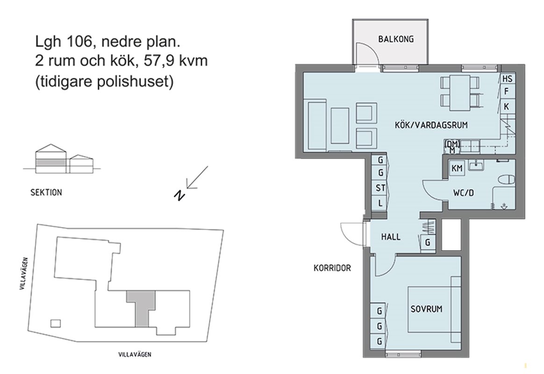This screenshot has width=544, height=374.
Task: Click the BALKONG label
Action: [396, 39]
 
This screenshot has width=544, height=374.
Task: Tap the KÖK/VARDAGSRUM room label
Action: [431, 125]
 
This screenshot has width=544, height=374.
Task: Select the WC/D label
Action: [463, 193]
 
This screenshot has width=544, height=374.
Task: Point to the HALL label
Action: [391, 237]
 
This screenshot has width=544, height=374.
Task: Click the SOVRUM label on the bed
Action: [426, 309]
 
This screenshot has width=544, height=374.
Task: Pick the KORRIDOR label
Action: [332, 268]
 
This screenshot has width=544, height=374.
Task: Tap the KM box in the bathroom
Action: [457, 169]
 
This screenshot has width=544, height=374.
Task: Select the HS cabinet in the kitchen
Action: [507, 79]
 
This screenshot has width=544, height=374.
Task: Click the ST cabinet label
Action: [380, 187]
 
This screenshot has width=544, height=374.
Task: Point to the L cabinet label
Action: [380, 203]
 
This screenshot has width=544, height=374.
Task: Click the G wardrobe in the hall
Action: [428, 242]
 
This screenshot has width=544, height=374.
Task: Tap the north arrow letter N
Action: [179, 196]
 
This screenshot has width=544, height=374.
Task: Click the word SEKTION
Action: [46, 192]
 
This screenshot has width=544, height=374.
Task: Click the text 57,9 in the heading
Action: [158, 60]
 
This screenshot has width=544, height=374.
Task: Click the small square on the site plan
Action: [56, 324]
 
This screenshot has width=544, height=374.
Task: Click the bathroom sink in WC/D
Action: [478, 165]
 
